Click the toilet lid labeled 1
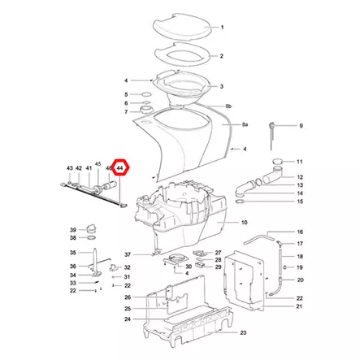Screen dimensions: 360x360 pyautogui.click(x=182, y=26)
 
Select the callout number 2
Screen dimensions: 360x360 pyautogui.click(x=222, y=56)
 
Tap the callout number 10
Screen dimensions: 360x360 pyautogui.click(x=245, y=223)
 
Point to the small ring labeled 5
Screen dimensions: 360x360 pyautogui.click(x=146, y=94)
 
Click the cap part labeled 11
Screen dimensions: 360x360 pyautogui.click(x=277, y=162)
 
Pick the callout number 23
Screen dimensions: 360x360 pyautogui.click(x=243, y=332)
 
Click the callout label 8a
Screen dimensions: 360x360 pyautogui.click(x=245, y=124)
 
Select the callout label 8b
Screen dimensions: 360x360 pyautogui.click(x=228, y=106)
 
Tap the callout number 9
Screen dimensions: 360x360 pyautogui.click(x=301, y=126)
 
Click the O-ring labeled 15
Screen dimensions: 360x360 pyautogui.click(x=241, y=202)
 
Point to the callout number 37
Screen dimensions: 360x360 pyautogui.click(x=128, y=254)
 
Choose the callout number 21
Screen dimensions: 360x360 pyautogui.click(x=299, y=306)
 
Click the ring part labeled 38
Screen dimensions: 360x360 pyautogui.click(x=92, y=238)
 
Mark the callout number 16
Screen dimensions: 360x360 pyautogui.click(x=300, y=232)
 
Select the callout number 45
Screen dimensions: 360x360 pyautogui.click(x=98, y=164)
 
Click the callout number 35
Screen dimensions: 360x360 pyautogui.click(x=73, y=253)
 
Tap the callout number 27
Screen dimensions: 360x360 pyautogui.click(x=218, y=253)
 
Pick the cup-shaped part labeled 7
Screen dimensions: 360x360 pyautogui.click(x=146, y=110)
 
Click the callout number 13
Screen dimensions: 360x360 pyautogui.click(x=300, y=185)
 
